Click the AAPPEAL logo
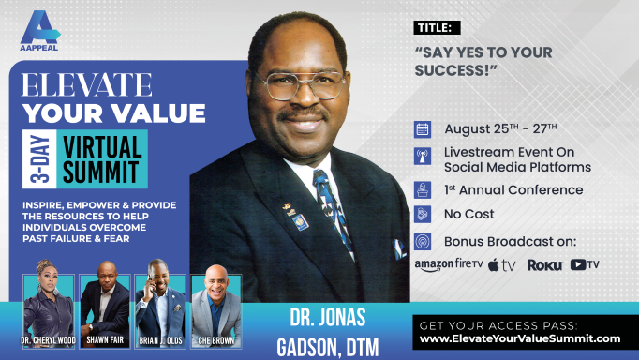[39, 31]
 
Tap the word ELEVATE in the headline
[87, 84]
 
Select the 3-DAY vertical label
[39, 159]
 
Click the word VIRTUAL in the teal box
[102, 147]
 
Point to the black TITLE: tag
[437, 28]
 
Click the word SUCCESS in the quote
[452, 70]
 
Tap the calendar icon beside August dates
[423, 129]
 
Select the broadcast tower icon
[423, 157]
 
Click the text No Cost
[468, 214]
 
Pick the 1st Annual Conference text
[513, 190]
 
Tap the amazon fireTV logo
[449, 265]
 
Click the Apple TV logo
[501, 265]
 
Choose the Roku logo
[544, 265]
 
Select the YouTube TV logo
[585, 264]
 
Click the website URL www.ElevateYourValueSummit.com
[520, 338]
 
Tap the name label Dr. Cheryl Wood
[49, 340]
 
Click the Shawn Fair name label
[105, 340]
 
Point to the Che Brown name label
[216, 340]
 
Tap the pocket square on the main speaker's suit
[398, 249]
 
